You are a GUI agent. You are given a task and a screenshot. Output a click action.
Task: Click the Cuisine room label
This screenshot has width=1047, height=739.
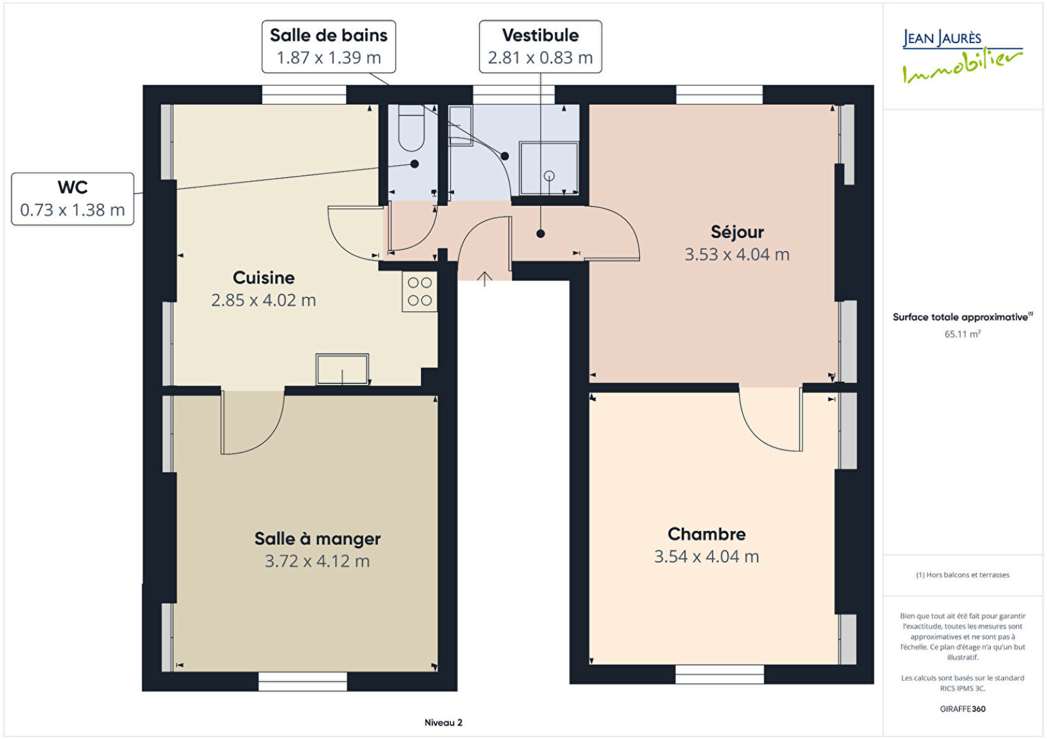point(264,278)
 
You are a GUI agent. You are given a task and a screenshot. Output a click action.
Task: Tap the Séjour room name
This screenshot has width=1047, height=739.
point(737,232)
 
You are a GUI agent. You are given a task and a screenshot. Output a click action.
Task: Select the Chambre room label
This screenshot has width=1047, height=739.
point(706,534)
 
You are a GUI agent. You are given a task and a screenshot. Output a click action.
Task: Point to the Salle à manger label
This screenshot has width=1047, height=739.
point(317,539)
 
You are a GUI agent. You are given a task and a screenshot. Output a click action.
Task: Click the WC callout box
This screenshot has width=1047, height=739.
point(73,199)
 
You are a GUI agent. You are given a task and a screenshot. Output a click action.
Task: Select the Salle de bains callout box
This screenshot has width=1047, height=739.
point(328,46)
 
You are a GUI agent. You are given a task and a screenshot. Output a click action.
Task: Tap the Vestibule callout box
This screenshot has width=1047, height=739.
point(541,46)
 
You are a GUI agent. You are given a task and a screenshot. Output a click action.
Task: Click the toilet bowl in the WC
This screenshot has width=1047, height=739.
point(412,128)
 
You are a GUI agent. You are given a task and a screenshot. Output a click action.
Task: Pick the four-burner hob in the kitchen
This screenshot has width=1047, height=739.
point(419,292)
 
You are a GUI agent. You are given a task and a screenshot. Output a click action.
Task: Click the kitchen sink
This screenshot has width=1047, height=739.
point(342,369)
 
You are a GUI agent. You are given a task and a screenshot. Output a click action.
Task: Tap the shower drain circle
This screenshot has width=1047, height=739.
point(549,176)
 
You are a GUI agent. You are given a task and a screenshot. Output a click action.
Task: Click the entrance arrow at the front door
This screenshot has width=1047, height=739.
point(485,279)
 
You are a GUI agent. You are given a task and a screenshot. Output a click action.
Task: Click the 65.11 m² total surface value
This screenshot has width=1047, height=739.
point(963,334)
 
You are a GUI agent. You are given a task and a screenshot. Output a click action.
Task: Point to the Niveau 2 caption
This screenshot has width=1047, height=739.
point(443,723)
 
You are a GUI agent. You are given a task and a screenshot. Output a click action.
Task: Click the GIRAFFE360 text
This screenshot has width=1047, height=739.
point(963,709)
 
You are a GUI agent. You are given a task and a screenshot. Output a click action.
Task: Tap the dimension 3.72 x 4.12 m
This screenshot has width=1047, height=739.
point(317,561)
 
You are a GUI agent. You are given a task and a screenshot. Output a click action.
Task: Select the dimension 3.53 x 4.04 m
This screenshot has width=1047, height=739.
point(737,254)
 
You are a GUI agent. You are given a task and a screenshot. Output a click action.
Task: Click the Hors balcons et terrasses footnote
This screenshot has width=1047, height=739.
point(963,575)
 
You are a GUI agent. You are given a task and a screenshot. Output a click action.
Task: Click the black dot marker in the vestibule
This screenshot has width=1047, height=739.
point(541,233)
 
